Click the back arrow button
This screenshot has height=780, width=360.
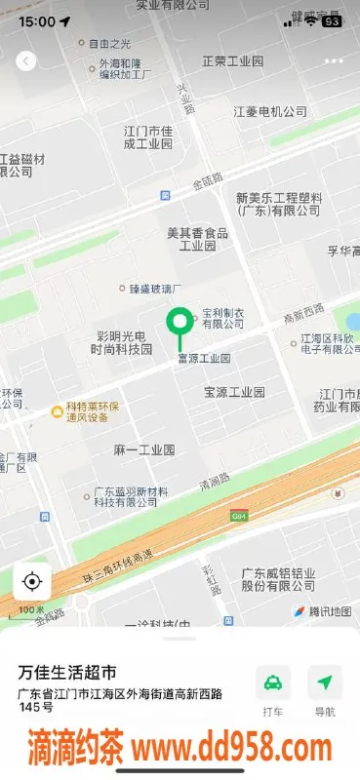coord(26,60)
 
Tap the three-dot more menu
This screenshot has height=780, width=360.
coord(334,60)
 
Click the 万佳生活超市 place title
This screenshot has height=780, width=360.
coord(68,673)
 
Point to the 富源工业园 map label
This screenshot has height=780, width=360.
coord(203,358)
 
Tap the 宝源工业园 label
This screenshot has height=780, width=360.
coord(234,392)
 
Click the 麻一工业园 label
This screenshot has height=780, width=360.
coord(143,449)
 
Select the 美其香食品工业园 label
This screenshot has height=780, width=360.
coord(198,239)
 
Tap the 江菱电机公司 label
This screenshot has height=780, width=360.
coord(271,112)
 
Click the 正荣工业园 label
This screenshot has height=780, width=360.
coord(232,61)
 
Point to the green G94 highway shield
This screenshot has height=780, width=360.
coord(239,515)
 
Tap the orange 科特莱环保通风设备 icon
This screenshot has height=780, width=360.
coord(57,412)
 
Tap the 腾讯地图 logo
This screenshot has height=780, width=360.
coord(322,611)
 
